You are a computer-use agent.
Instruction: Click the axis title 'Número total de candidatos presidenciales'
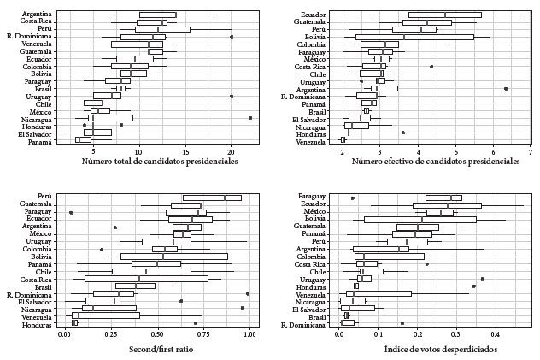click(x=160, y=161)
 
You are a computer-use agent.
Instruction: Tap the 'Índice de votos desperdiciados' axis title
click(x=429, y=349)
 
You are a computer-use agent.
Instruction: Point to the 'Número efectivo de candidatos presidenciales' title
click(x=436, y=161)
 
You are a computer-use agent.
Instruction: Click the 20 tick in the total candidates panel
click(x=231, y=151)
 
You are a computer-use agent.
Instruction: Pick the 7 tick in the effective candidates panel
click(x=531, y=151)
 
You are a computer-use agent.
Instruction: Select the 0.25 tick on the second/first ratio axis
click(x=111, y=334)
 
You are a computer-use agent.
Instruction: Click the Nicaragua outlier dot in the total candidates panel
click(x=250, y=118)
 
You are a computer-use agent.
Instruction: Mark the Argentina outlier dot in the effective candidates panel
click(x=506, y=88)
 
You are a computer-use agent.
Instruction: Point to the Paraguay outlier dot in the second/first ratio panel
click(x=71, y=212)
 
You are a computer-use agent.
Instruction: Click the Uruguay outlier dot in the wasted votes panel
click(x=483, y=279)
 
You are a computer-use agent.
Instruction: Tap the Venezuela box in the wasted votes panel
click(x=379, y=293)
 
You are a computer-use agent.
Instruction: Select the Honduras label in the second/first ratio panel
click(x=38, y=323)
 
